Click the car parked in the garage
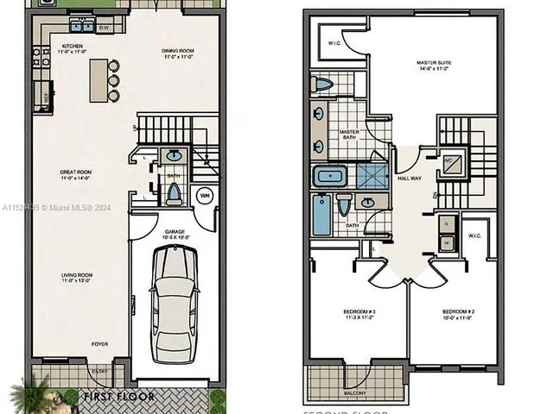(175, 303)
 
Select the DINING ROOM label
(177, 51)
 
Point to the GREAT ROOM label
(76, 172)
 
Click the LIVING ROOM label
(76, 276)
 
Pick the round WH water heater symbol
(205, 196)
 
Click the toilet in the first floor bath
(172, 193)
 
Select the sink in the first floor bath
(174, 157)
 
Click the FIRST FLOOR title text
(118, 397)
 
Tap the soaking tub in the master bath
(329, 178)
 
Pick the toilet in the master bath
(322, 84)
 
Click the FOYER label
(101, 343)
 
